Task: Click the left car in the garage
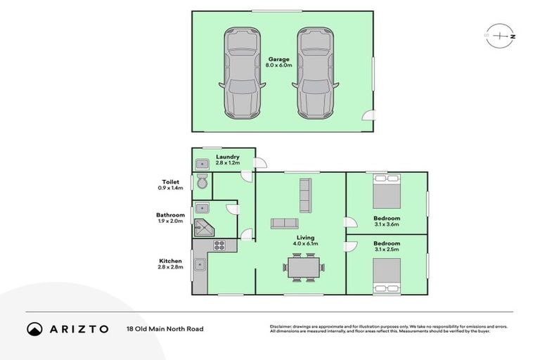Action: tap(241, 73)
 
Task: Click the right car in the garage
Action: tap(313, 73)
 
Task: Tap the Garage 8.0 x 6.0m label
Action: tap(278, 62)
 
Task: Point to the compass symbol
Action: tap(500, 34)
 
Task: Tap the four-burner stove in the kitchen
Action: tap(219, 246)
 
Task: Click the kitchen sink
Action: tap(200, 266)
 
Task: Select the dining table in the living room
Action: tap(304, 266)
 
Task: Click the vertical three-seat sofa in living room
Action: tap(304, 195)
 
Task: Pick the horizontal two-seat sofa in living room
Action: tap(284, 224)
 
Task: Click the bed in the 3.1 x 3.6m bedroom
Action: tap(386, 192)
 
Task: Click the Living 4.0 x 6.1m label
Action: tap(306, 240)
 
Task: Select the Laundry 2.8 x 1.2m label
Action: tap(228, 160)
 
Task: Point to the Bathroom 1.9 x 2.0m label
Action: tap(170, 218)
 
